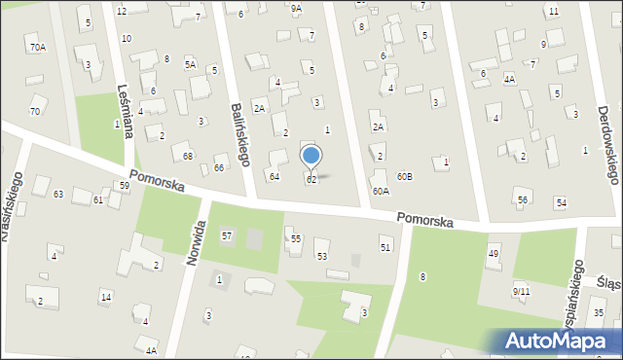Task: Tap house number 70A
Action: (x=37, y=47)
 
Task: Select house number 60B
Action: (x=405, y=176)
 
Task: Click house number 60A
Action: (x=381, y=192)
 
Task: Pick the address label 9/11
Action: (x=521, y=290)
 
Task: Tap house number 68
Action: (x=188, y=157)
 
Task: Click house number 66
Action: (x=219, y=168)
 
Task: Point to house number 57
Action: (x=227, y=236)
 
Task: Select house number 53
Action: (x=321, y=256)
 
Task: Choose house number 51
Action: (x=385, y=248)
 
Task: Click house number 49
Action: (x=494, y=254)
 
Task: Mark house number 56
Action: (x=523, y=199)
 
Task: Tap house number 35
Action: (x=599, y=311)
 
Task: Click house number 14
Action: (x=105, y=297)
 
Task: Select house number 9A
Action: (x=296, y=8)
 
